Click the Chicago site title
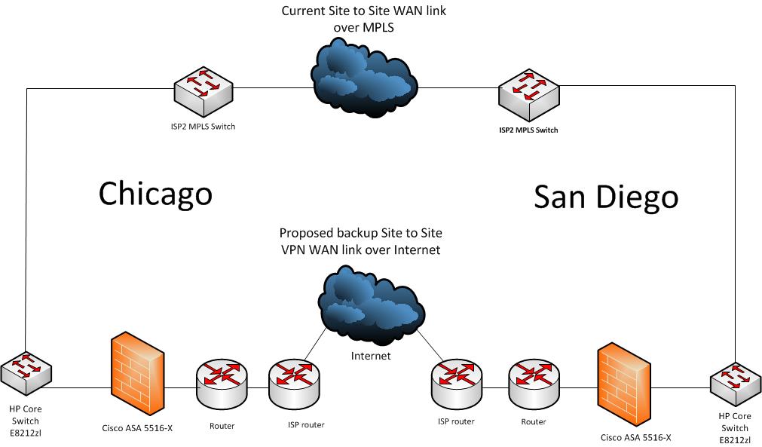click(155, 194)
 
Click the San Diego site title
click(606, 197)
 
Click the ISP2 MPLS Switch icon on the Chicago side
click(204, 91)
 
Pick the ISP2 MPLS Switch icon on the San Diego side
click(529, 95)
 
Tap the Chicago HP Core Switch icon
click(26, 372)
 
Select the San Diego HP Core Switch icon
click(736, 384)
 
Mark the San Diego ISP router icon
click(456, 384)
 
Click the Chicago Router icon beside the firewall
click(222, 384)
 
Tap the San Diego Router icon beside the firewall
click(534, 384)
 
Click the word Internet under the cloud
click(371, 356)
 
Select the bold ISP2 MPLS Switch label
click(529, 130)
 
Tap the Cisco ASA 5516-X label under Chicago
click(137, 428)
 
